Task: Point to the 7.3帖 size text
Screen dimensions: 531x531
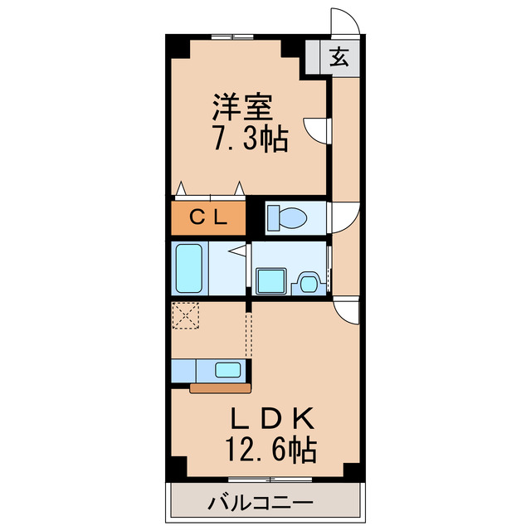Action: [250, 139]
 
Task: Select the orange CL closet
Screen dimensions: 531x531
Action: [209, 218]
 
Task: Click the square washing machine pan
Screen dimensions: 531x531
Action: [270, 280]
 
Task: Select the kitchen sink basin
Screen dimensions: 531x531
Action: [227, 370]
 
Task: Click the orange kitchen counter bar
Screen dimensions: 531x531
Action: [220, 387]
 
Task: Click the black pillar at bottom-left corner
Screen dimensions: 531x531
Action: [175, 469]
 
